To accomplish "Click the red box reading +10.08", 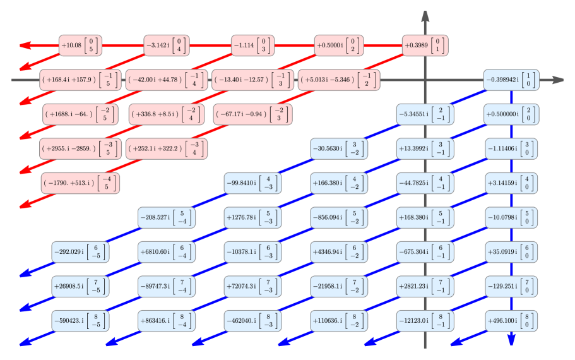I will (x=80, y=45).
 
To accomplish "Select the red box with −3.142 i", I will (x=166, y=45).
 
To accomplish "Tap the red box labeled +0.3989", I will (x=425, y=45).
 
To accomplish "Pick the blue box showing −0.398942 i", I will (x=511, y=80).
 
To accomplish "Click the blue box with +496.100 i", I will (x=511, y=320).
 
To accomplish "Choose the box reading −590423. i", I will (x=80, y=320).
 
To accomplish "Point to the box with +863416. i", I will (x=166, y=320).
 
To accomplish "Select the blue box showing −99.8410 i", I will (x=252, y=183).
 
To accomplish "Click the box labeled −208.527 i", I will (x=166, y=217).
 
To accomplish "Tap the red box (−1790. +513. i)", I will (x=80, y=183).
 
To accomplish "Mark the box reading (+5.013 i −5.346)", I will (x=338, y=80).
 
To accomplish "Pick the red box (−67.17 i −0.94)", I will (x=252, y=114).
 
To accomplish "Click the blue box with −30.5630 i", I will (x=338, y=148).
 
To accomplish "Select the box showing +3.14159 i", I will (x=511, y=183).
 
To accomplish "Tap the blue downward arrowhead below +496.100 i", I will (x=511, y=339).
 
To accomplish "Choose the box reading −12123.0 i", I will (x=425, y=320).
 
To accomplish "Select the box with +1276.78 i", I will (x=252, y=217).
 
